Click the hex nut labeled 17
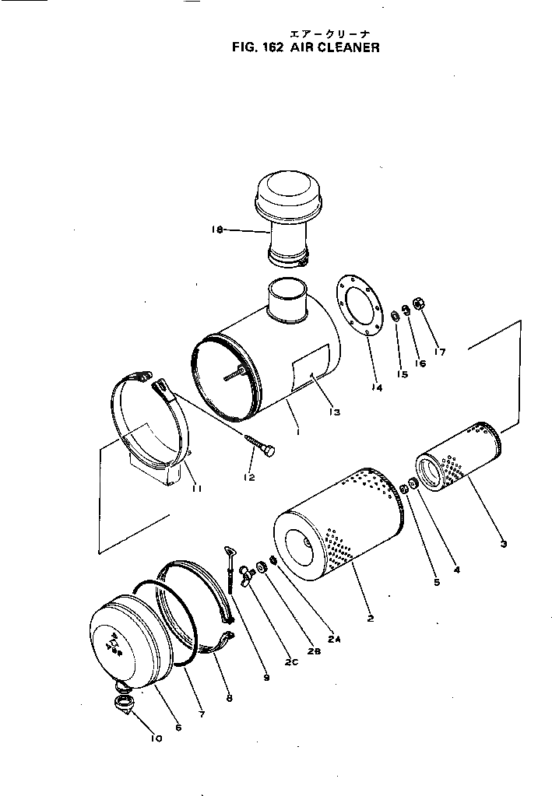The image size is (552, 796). click(x=417, y=303)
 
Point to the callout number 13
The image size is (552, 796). click(x=335, y=412)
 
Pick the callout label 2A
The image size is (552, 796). click(x=334, y=639)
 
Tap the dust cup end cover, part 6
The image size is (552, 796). click(x=128, y=638)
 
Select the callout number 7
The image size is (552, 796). click(x=202, y=713)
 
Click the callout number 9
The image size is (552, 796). click(x=266, y=678)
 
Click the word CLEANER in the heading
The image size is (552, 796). click(x=349, y=47)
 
